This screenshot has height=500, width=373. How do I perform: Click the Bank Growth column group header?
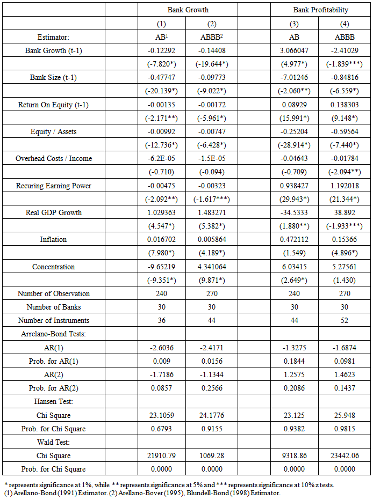coord(188,10)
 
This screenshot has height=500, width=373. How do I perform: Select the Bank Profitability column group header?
coord(320,10)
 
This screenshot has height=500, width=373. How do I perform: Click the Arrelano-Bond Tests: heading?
coord(54,334)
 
